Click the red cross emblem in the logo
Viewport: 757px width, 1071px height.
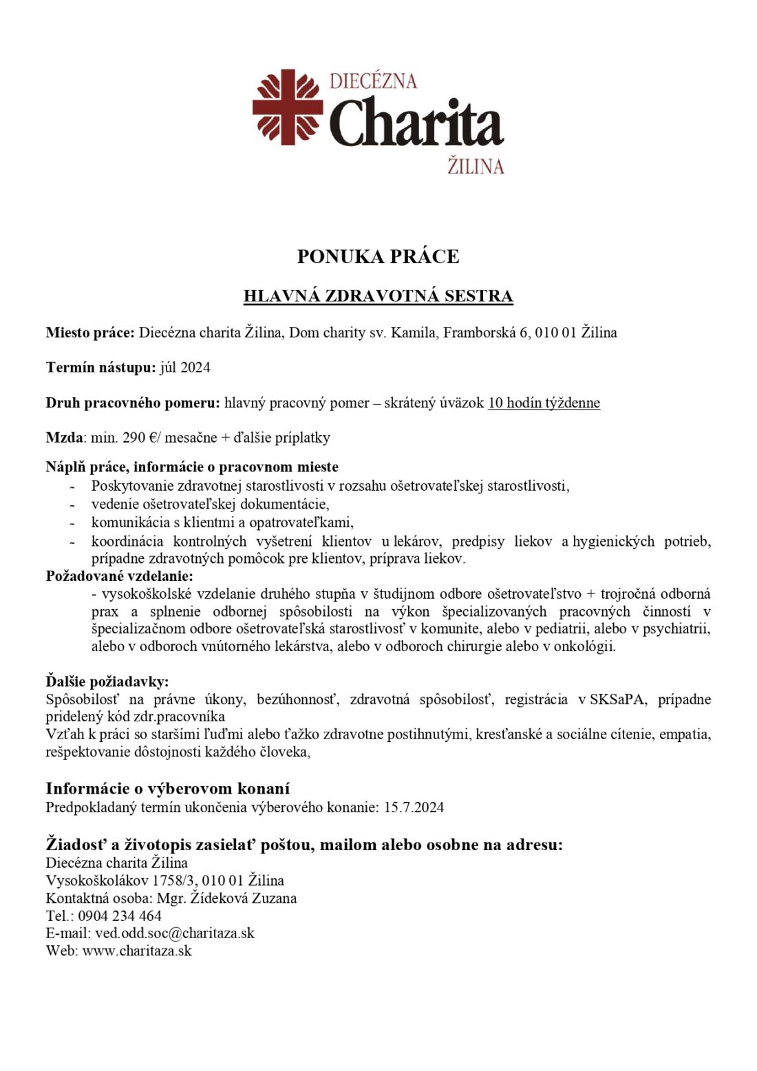point(288,107)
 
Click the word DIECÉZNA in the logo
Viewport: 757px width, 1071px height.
point(373,81)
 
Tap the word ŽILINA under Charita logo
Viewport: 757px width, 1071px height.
point(476,167)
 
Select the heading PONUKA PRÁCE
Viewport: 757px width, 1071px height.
point(378,257)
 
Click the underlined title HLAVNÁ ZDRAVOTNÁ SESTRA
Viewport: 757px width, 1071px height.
point(378,296)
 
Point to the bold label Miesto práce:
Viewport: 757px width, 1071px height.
point(90,333)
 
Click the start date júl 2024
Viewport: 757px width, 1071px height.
point(185,368)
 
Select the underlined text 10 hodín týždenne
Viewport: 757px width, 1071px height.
point(544,403)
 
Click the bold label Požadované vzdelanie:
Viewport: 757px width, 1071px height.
point(119,576)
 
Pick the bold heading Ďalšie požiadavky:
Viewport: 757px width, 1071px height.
point(107,681)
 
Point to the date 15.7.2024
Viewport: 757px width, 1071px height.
point(414,807)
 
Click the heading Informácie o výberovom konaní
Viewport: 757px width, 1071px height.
point(167,789)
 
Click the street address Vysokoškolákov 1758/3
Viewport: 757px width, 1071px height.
point(120,880)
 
